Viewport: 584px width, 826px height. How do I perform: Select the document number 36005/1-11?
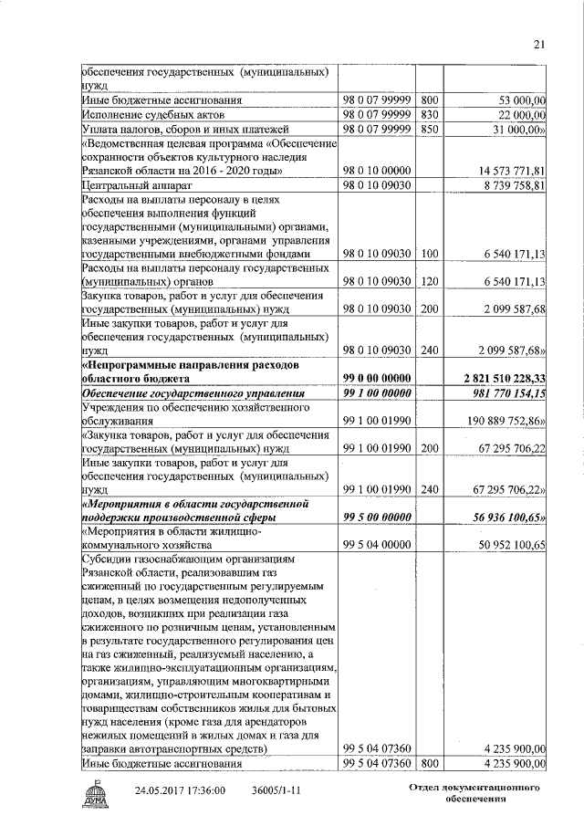pyautogui.click(x=279, y=789)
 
